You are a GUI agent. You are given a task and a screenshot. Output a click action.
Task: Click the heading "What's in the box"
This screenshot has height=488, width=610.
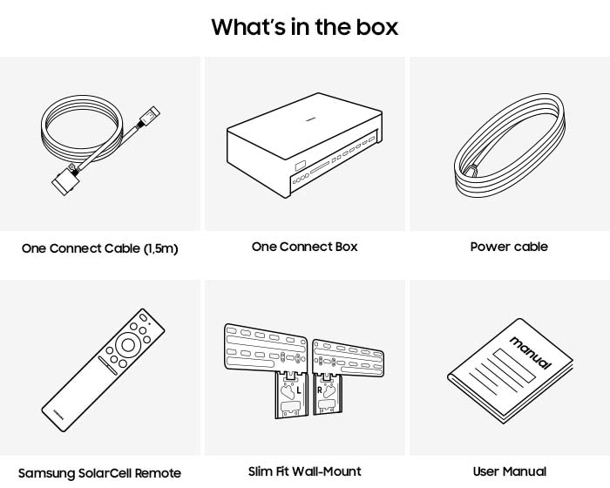[305, 26]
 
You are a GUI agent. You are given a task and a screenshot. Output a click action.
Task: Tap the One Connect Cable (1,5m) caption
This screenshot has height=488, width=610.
[100, 248]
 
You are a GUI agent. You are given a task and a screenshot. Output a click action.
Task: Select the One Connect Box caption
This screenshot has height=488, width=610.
[305, 247]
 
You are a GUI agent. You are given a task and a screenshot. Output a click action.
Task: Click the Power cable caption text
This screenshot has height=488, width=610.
[509, 247]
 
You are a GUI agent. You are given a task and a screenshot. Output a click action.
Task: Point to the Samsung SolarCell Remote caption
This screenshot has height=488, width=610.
[100, 473]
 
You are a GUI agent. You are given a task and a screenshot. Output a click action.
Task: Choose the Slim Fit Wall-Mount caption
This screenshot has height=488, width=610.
[305, 471]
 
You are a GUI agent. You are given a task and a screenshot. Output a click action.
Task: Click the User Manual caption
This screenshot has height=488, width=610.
[509, 471]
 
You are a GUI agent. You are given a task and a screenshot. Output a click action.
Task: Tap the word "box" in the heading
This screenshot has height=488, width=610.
[375, 26]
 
